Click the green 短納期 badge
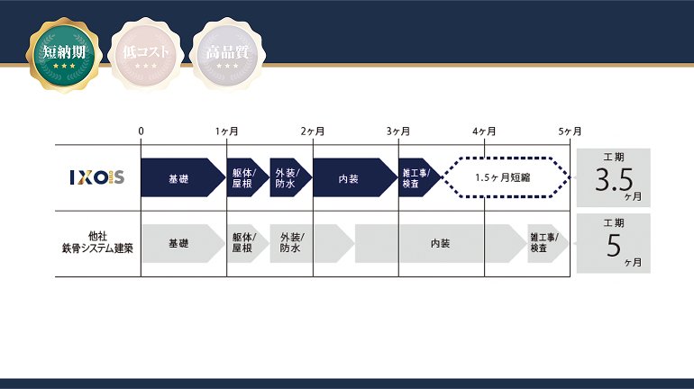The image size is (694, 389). [62, 51]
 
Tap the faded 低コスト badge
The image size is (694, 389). [145, 51]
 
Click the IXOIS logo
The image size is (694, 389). [97, 177]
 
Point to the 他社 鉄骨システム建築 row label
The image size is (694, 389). [97, 243]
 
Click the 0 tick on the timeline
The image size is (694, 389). [142, 131]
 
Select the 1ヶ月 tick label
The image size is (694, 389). [227, 131]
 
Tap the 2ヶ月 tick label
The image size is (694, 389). [313, 131]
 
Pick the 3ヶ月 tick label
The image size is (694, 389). [398, 131]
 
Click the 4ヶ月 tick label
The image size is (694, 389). [484, 131]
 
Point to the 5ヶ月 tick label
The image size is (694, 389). [570, 131]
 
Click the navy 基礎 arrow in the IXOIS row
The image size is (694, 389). [181, 177]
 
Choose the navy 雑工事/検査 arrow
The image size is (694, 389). [418, 177]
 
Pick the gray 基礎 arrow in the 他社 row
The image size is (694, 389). [181, 243]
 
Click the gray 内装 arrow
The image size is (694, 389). [440, 243]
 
